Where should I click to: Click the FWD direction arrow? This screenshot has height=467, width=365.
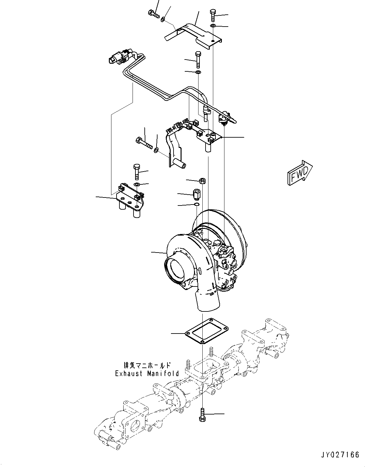(x=300, y=173)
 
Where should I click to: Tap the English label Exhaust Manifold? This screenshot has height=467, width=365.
(x=147, y=374)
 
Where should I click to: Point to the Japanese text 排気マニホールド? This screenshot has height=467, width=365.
(x=147, y=365)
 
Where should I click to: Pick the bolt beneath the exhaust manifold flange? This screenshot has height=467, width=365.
(x=203, y=415)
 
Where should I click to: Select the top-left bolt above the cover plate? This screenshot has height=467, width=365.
(x=154, y=13)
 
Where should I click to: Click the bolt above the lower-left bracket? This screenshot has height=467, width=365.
(x=136, y=172)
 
